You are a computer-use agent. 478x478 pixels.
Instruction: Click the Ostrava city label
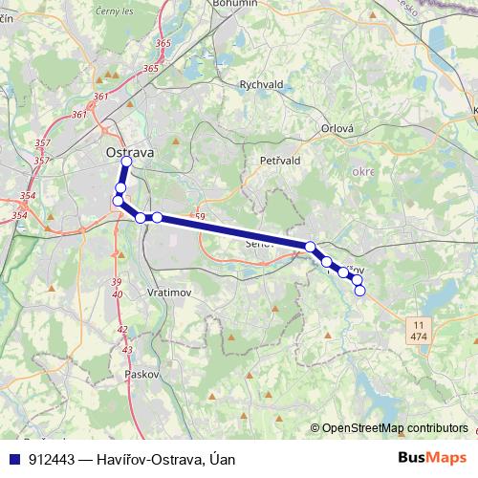130,152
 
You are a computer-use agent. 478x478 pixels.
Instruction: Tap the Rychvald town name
261,83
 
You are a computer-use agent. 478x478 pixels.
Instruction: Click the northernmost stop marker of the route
126,161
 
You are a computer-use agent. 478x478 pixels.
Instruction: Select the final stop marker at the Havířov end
360,291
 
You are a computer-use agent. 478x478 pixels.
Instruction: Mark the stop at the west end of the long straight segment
157,218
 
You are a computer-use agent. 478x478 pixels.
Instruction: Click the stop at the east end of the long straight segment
311,247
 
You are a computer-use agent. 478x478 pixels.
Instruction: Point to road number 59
199,218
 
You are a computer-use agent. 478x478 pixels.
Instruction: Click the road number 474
418,338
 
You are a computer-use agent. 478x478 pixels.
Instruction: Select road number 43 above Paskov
127,351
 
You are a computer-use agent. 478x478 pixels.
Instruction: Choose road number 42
122,330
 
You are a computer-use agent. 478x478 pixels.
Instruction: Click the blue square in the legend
16,459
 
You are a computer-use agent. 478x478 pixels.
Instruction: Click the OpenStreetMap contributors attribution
395,428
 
